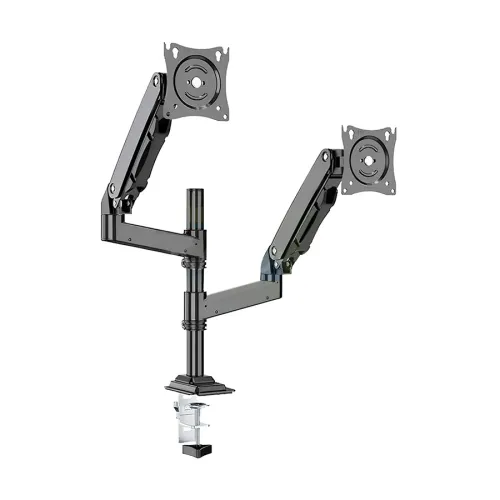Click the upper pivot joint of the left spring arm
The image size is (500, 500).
click(157, 85)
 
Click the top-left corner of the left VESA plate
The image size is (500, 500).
click(168, 47)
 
